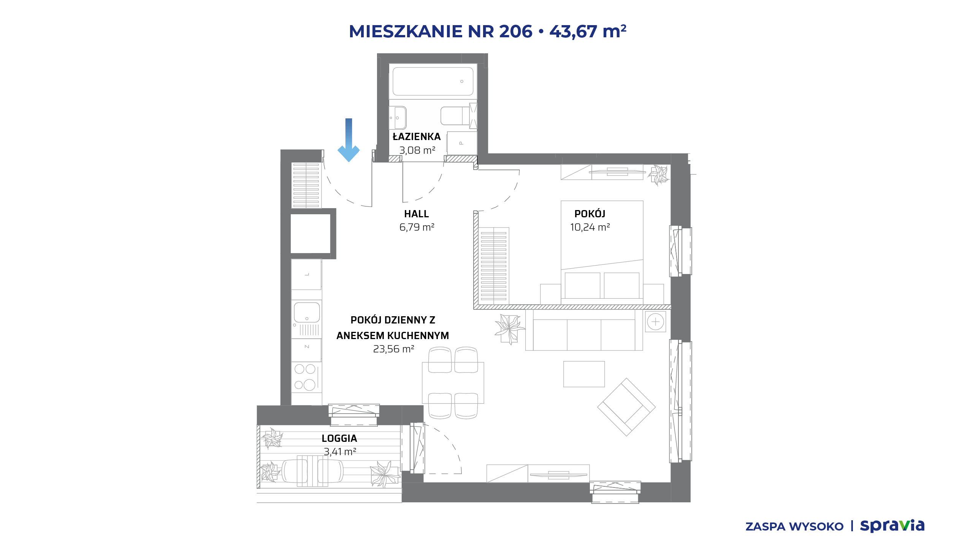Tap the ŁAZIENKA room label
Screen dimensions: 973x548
pyautogui.click(x=417, y=137)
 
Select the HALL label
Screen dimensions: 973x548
pyautogui.click(x=417, y=214)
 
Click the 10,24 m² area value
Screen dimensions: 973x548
pyautogui.click(x=590, y=227)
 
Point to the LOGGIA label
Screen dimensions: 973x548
pyautogui.click(x=339, y=438)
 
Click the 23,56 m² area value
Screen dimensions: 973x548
pyautogui.click(x=393, y=349)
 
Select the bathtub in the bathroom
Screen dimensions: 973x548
pyautogui.click(x=433, y=81)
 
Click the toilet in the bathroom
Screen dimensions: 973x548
pyautogui.click(x=455, y=116)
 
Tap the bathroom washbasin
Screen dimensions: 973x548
pyautogui.click(x=398, y=118)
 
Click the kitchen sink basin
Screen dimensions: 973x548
pyautogui.click(x=307, y=312)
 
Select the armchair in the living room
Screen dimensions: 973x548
pyautogui.click(x=626, y=407)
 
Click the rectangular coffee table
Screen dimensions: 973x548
pyautogui.click(x=584, y=374)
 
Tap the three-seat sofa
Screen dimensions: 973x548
pyautogui.click(x=584, y=330)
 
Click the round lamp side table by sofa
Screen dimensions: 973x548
pyautogui.click(x=656, y=322)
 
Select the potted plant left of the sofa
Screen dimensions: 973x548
pyautogui.click(x=510, y=329)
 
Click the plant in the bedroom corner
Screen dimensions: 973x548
pyautogui.click(x=659, y=175)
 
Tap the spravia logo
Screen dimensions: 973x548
pyautogui.click(x=892, y=526)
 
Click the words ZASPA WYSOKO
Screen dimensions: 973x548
pyautogui.click(x=794, y=527)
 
